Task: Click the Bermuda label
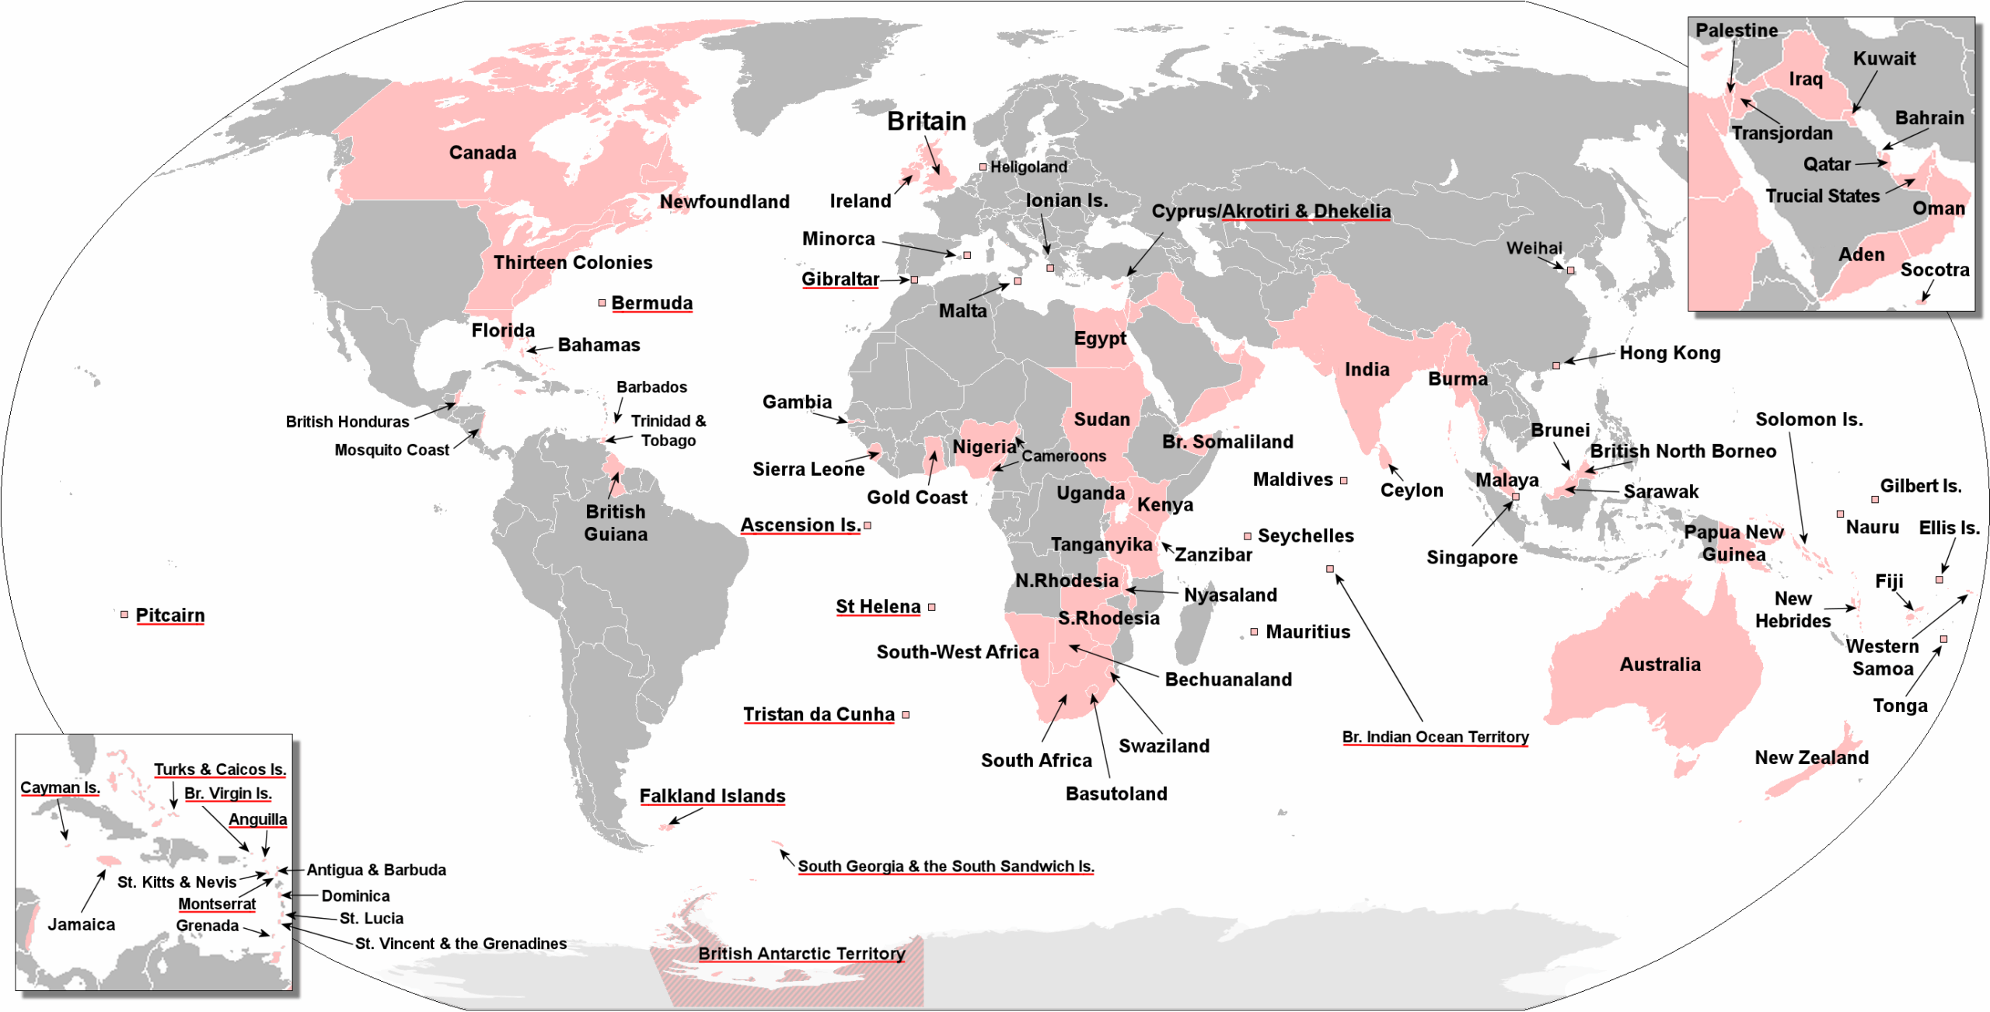pyautogui.click(x=651, y=303)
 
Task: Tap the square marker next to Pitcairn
pyautogui.click(x=124, y=615)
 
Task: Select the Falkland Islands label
pyautogui.click(x=712, y=796)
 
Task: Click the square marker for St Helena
pyautogui.click(x=932, y=607)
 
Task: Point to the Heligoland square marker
pyautogui.click(x=983, y=167)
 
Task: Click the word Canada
pyautogui.click(x=483, y=152)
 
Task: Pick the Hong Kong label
pyautogui.click(x=1670, y=353)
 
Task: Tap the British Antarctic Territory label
pyautogui.click(x=801, y=954)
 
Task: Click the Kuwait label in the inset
pyautogui.click(x=1884, y=59)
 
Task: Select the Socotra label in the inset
pyautogui.click(x=1934, y=270)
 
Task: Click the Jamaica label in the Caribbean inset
pyautogui.click(x=82, y=924)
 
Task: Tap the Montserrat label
pyautogui.click(x=217, y=904)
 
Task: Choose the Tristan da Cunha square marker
pyautogui.click(x=906, y=715)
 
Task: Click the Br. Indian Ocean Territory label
pyautogui.click(x=1435, y=737)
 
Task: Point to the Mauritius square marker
pyautogui.click(x=1254, y=632)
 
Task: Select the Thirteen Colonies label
pyautogui.click(x=573, y=263)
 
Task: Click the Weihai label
pyautogui.click(x=1534, y=248)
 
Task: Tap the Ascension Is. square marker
pyautogui.click(x=868, y=526)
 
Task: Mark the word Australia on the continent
pyautogui.click(x=1660, y=665)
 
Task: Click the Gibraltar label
pyautogui.click(x=840, y=279)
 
